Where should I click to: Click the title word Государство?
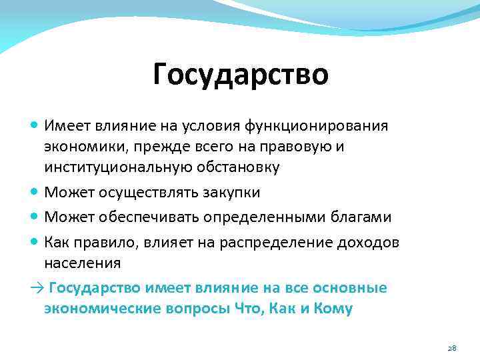coord(240,74)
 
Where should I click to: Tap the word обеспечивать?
coord(144,217)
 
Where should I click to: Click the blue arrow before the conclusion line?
coord(35,288)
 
